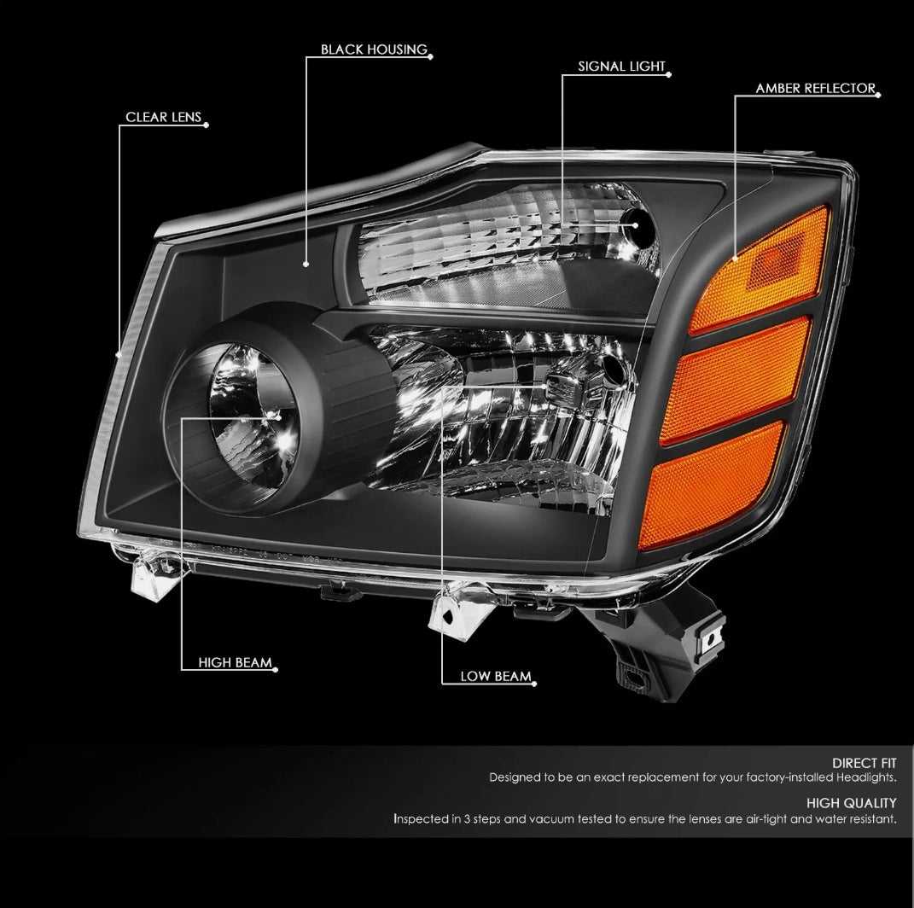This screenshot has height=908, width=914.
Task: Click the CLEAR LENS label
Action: coord(163,117)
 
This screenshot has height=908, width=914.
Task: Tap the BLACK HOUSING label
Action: coord(374,49)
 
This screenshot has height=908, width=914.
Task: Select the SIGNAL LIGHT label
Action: coord(621,67)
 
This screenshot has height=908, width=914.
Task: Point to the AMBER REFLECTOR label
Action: coord(816,89)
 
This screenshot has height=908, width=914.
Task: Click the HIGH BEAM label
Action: coord(235,662)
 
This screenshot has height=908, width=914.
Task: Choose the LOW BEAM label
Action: coord(496,676)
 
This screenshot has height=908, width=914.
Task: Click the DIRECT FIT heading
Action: coord(864,763)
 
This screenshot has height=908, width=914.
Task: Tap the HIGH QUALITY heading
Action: coord(851,803)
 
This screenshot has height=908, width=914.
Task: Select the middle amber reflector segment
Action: coord(736,380)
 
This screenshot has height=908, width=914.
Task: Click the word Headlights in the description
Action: coord(866,777)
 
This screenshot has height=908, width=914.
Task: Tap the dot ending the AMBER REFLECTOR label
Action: coord(878,95)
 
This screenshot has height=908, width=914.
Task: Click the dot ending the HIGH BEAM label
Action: coord(275,669)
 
